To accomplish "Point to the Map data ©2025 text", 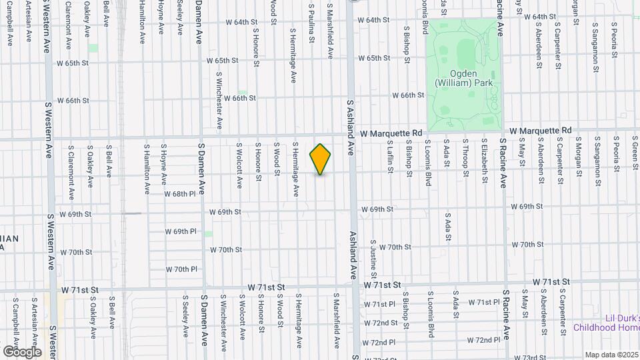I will tap(611, 355).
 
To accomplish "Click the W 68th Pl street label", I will tap(180, 194).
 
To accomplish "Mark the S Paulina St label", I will tap(311, 24).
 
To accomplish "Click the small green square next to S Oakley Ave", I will tap(93, 49).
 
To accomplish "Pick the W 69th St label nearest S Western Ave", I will tap(74, 215).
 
